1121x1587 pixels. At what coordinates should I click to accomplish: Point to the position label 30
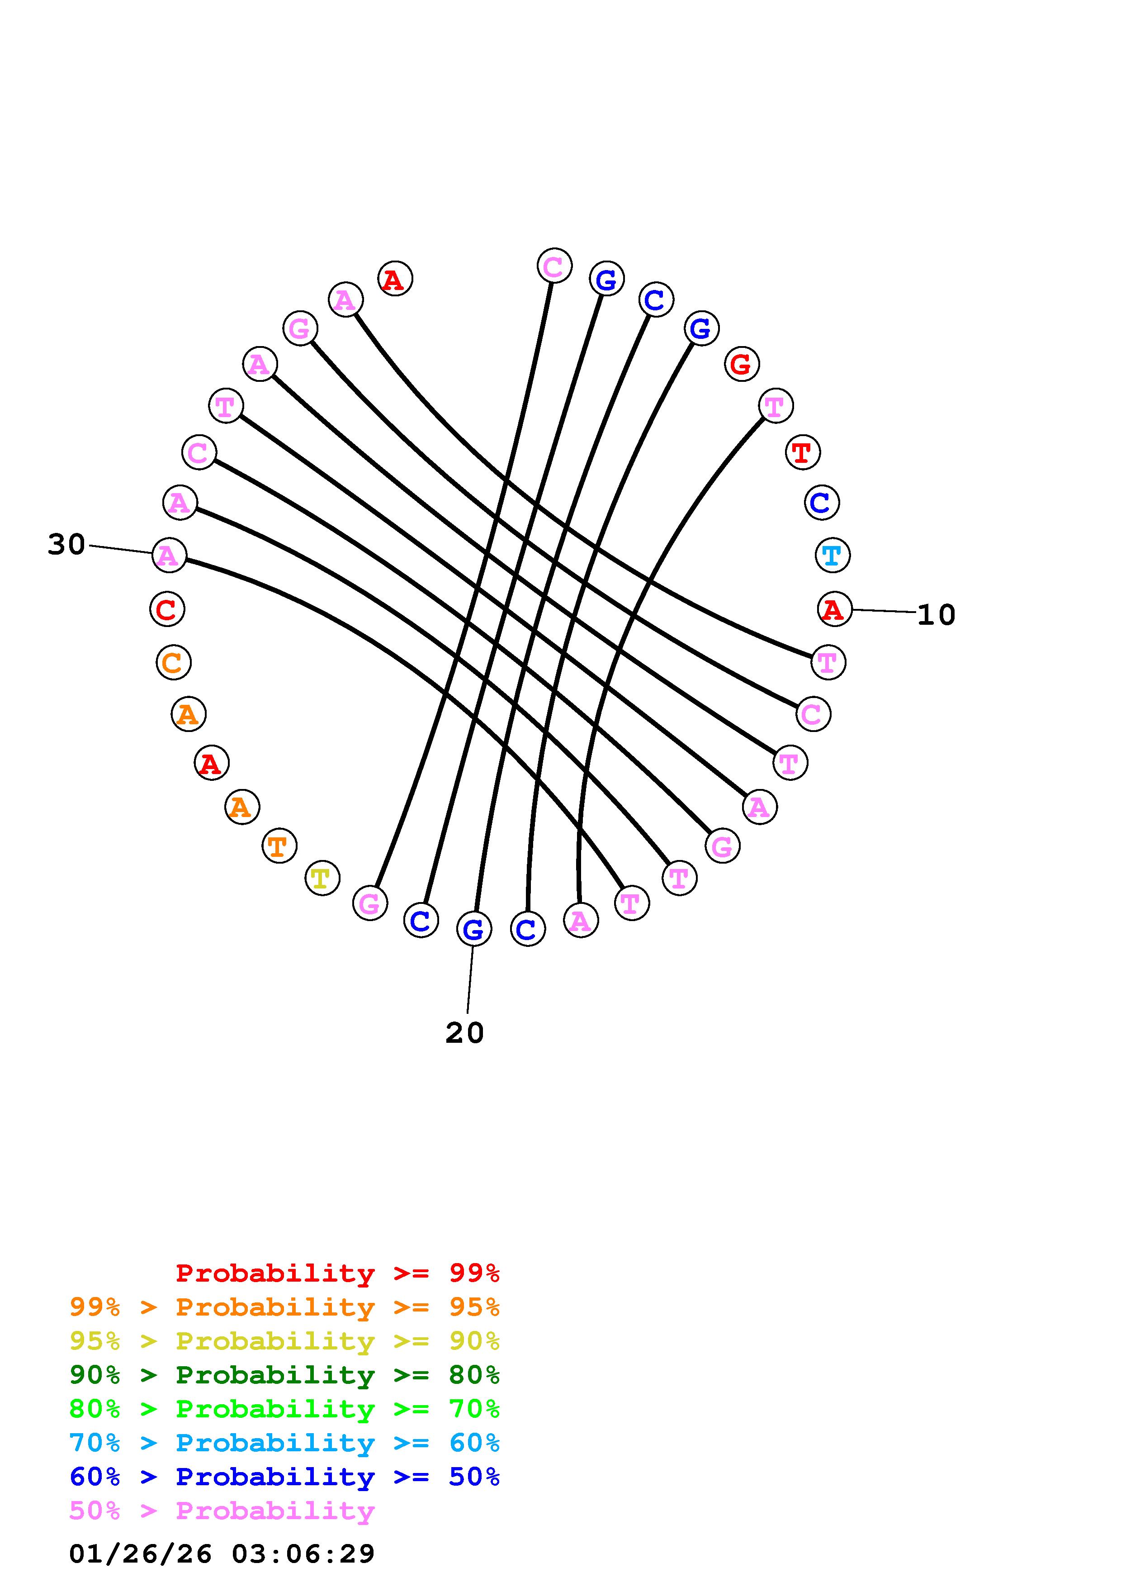click(x=66, y=545)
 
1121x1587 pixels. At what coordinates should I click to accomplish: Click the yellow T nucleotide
click(x=322, y=879)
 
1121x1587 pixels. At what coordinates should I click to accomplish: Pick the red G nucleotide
click(x=741, y=364)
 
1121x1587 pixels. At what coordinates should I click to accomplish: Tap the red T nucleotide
click(x=802, y=453)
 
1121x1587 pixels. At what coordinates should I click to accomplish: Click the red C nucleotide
click(x=166, y=610)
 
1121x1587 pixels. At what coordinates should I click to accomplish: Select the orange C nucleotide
click(x=173, y=662)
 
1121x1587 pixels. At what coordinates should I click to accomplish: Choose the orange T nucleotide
click(x=279, y=846)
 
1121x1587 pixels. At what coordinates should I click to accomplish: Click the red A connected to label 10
click(x=834, y=610)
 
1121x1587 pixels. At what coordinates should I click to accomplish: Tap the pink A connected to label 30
click(x=169, y=555)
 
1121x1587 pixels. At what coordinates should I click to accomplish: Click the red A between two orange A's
click(x=211, y=763)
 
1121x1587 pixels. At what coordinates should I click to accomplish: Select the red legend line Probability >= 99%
click(x=337, y=1273)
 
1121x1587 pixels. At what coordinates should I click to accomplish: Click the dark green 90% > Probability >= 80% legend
click(x=284, y=1375)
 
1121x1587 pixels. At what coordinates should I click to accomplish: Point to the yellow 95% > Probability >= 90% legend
click(x=284, y=1341)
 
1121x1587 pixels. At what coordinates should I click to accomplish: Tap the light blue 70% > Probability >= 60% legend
click(x=284, y=1443)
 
